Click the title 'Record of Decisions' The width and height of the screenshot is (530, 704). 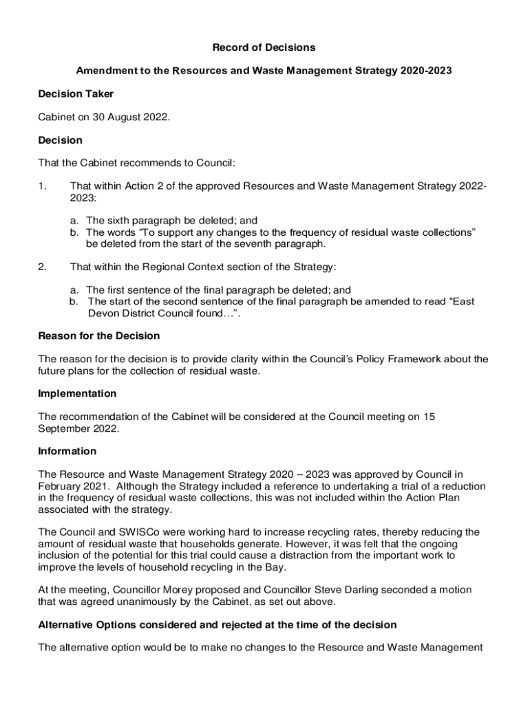coord(264,47)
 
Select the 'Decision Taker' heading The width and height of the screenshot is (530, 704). coord(76,93)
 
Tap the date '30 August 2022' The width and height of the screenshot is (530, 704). coord(134,117)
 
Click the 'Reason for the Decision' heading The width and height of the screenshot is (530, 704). coord(99,335)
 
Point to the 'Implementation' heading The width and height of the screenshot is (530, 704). coord(77,393)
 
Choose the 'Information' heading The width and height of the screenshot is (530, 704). coord(67,451)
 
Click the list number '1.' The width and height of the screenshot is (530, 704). coord(43,186)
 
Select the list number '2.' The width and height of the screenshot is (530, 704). coord(43,267)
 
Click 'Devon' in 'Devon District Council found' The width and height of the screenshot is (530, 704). coord(103,313)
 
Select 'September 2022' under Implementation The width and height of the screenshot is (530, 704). coord(78,428)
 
